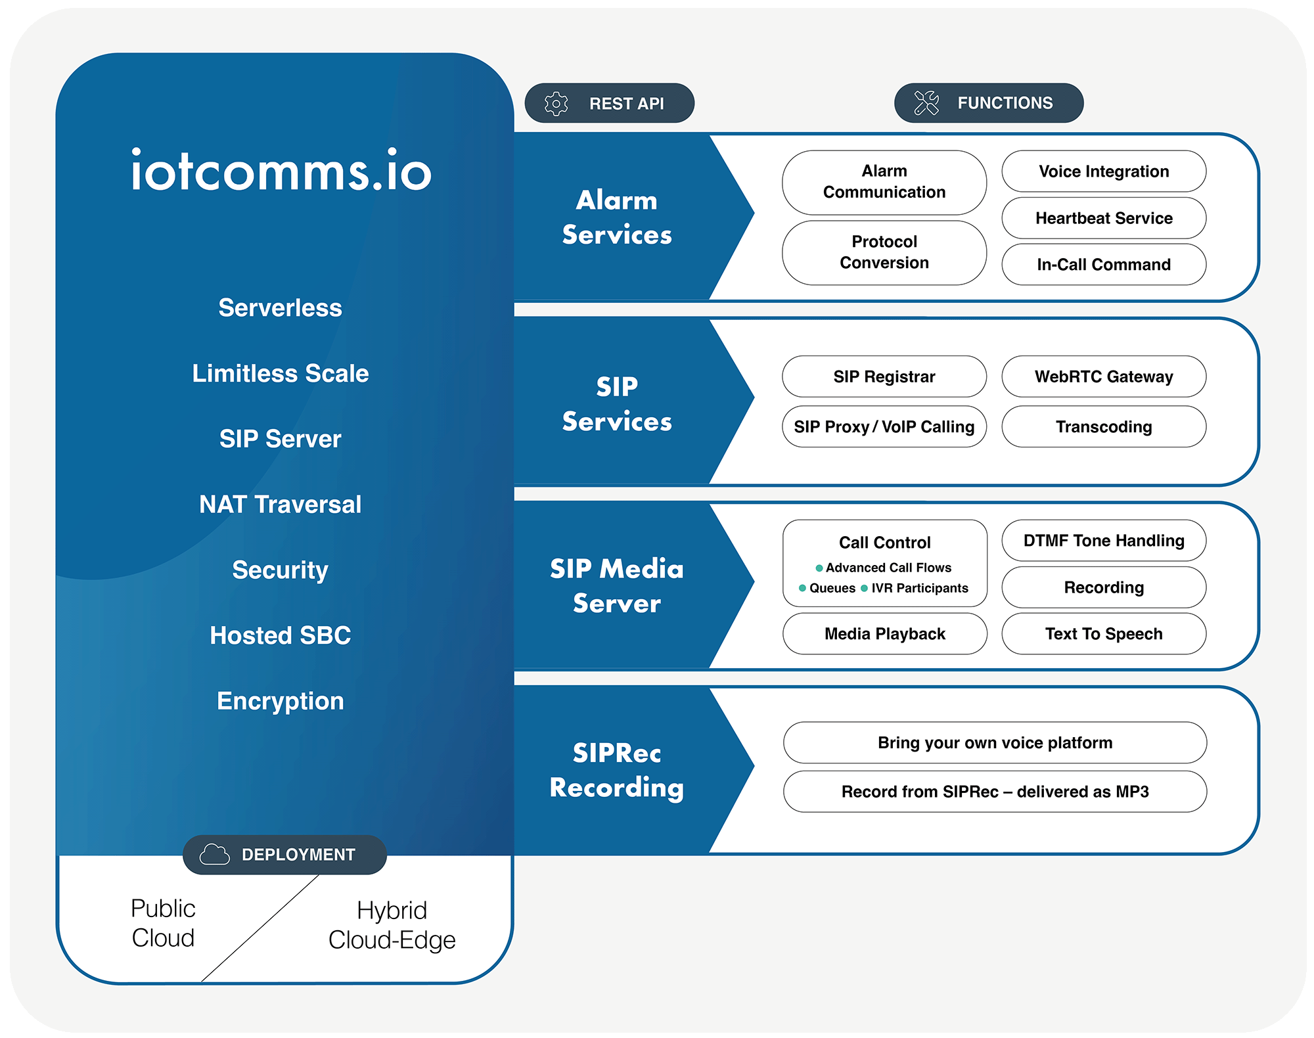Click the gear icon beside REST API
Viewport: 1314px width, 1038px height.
pos(556,104)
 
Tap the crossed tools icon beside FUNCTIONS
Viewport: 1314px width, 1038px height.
pos(926,103)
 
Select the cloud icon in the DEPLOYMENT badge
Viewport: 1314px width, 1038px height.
pos(214,854)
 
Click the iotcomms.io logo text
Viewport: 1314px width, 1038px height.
pos(281,171)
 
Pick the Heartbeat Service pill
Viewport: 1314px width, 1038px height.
pos(1104,218)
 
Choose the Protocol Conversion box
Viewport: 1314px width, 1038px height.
pos(884,252)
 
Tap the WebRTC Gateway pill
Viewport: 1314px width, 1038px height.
pos(1104,376)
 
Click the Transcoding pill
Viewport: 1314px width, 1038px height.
pos(1104,427)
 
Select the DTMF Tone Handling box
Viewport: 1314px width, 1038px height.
pos(1104,541)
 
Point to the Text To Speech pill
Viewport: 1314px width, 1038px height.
pos(1104,634)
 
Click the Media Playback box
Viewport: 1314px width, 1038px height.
pos(884,634)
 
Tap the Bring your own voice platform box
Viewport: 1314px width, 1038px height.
pos(995,743)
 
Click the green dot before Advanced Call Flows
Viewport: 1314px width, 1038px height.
pos(819,568)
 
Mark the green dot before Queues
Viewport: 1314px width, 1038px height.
pos(802,588)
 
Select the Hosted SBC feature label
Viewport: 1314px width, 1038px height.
pos(281,635)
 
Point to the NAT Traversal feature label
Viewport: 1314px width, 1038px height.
pos(281,505)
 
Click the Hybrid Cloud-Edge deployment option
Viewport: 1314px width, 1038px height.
pos(392,925)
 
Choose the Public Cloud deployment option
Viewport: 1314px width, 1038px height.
pos(163,923)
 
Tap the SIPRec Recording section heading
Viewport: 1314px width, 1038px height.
pos(617,770)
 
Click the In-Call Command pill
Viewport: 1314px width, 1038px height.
pos(1104,265)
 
